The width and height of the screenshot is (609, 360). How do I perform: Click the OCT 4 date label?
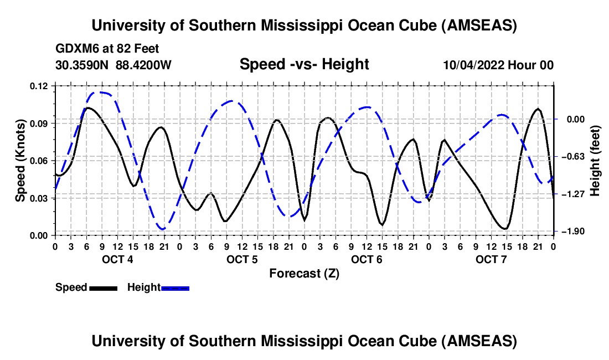pyautogui.click(x=117, y=260)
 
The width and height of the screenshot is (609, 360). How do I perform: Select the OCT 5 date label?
pyautogui.click(x=241, y=260)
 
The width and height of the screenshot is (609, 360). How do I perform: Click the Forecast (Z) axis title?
pyautogui.click(x=304, y=274)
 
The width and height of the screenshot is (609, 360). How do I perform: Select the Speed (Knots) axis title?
pyautogui.click(x=20, y=161)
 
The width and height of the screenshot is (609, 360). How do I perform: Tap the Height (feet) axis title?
pyautogui.click(x=595, y=161)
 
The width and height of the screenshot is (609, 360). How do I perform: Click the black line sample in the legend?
pyautogui.click(x=103, y=288)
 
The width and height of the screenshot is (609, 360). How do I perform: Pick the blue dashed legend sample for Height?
pyautogui.click(x=175, y=288)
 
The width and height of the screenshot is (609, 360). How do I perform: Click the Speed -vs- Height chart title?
pyautogui.click(x=304, y=65)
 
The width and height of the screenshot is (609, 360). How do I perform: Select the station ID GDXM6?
pyautogui.click(x=75, y=49)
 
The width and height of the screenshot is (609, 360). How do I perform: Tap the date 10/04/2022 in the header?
pyautogui.click(x=474, y=65)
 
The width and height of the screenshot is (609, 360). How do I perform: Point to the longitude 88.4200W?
pyautogui.click(x=144, y=65)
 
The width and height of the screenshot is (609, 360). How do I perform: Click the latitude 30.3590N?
pyautogui.click(x=83, y=65)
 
